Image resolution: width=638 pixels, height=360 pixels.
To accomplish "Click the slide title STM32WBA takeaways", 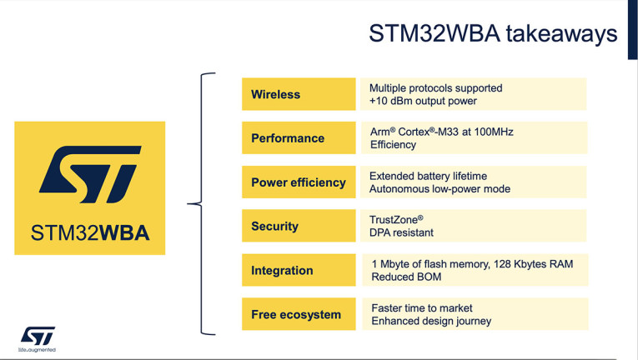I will tap(492, 34).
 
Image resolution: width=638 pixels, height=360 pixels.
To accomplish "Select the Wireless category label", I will tap(275, 94).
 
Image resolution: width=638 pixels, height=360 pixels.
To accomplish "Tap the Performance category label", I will tap(288, 138).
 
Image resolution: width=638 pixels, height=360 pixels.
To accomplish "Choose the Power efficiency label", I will tap(298, 182).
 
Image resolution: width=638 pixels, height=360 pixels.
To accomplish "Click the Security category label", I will tap(274, 227).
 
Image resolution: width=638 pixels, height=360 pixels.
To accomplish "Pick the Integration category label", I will tap(282, 271).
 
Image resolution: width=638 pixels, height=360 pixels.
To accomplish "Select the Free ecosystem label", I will tap(295, 315).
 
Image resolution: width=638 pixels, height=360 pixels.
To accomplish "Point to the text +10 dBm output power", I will tap(423, 101).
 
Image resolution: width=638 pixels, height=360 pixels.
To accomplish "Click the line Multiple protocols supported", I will tap(435, 87).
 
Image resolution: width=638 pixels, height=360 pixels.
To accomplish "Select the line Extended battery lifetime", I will tap(428, 176).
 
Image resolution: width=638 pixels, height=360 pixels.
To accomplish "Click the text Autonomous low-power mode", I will tap(440, 189).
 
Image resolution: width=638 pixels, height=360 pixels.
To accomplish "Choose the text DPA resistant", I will tap(401, 232).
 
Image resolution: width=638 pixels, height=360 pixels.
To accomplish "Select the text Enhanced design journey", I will tap(431, 321).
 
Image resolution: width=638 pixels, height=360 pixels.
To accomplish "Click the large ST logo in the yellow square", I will tap(89, 174).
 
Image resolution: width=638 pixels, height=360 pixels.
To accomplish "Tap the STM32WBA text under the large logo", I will tap(90, 232).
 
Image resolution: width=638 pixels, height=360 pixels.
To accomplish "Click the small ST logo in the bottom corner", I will tap(38, 335).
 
